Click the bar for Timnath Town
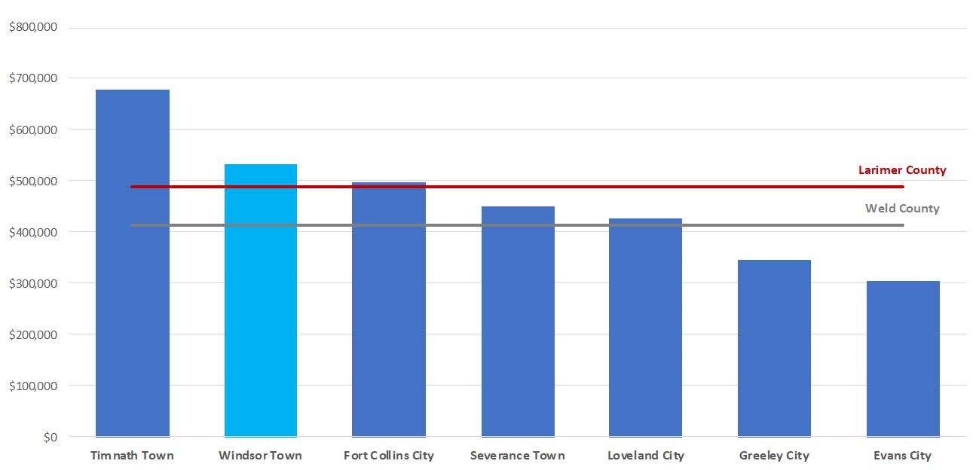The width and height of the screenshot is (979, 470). [x=133, y=263]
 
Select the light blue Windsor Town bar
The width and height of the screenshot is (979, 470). [x=261, y=301]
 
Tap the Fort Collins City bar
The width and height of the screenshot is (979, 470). [x=389, y=310]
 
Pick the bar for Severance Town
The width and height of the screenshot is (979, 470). [x=518, y=322]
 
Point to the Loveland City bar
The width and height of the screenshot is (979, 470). [x=645, y=328]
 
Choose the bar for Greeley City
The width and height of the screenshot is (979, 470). [x=774, y=348]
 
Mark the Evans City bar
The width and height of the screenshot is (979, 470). [x=903, y=359]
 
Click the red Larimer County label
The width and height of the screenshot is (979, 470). [x=902, y=170]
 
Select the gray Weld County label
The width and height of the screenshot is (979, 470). [x=902, y=209]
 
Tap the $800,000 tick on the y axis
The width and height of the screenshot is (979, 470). [x=33, y=27]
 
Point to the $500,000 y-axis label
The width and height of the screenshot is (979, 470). [x=33, y=182]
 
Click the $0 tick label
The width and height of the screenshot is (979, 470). [x=50, y=438]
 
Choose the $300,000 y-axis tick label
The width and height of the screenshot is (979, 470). [x=33, y=284]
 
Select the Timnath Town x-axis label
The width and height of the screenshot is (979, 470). [x=132, y=456]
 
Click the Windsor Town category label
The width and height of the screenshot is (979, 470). [x=260, y=456]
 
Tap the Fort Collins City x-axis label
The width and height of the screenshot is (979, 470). [x=389, y=456]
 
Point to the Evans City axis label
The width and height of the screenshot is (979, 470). [x=903, y=456]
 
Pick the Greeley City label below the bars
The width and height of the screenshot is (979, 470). [x=774, y=456]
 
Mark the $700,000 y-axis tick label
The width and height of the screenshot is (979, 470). [x=33, y=78]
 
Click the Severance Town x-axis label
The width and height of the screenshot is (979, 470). [x=518, y=456]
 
